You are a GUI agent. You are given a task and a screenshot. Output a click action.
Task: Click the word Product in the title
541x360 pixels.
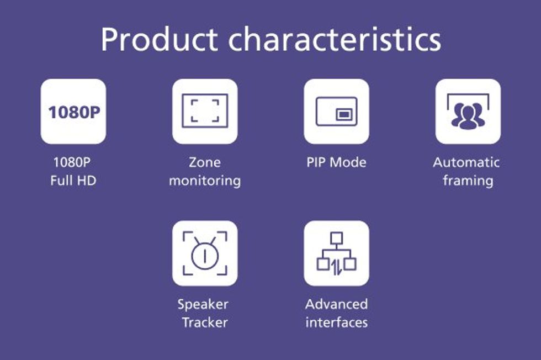pos(159,39)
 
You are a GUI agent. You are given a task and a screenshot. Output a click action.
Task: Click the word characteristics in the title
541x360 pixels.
pos(335,39)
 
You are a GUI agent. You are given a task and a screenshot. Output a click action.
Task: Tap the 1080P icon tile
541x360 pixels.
pos(73,112)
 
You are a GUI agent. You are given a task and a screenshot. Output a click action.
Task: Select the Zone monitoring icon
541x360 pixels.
pos(205,112)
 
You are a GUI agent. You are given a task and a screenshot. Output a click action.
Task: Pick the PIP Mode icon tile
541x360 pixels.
pos(336,112)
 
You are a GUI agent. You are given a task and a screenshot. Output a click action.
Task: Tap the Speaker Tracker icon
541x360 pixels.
pos(205,253)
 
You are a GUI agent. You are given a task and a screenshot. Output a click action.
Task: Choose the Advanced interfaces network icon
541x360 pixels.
pos(336,253)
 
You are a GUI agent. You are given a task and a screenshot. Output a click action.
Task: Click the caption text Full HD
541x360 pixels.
pos(73,181)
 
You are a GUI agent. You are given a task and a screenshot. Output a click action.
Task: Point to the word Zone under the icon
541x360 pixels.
pos(205,162)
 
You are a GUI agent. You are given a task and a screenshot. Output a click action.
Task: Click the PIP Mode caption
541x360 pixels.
pos(336,162)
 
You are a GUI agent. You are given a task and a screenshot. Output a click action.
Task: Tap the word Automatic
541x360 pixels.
pos(466,162)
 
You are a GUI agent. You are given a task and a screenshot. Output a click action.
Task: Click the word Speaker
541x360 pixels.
pos(203,304)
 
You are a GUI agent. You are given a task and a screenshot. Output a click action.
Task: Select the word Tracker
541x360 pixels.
pos(205,322)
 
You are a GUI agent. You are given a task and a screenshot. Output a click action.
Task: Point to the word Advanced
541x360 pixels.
pos(336,304)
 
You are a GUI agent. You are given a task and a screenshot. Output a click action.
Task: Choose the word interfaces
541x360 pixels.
pos(336,322)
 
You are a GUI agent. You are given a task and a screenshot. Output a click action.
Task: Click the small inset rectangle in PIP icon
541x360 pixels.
pos(343,114)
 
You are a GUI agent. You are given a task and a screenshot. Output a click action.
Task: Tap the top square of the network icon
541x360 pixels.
pos(336,238)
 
